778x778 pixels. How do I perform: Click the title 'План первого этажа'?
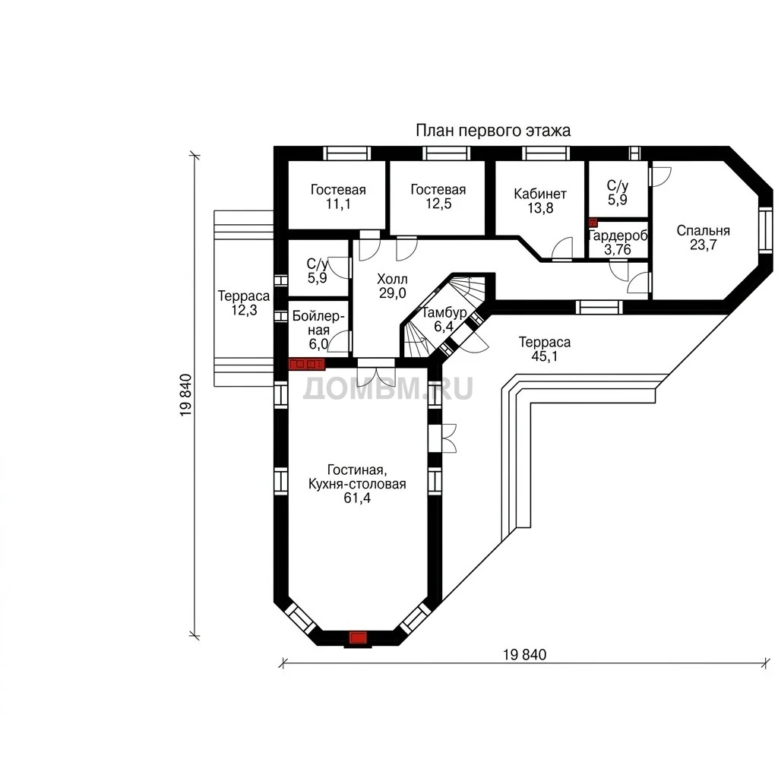coord(492,131)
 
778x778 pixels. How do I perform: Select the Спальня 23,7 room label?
coord(703,237)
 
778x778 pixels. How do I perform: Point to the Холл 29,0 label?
coord(393,286)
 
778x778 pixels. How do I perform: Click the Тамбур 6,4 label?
coord(444,319)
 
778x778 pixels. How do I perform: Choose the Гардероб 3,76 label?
coord(618,242)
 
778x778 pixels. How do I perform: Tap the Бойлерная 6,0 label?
coord(318,330)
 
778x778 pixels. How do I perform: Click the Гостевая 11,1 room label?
coord(338,197)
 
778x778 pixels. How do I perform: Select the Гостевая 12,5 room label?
coord(438,197)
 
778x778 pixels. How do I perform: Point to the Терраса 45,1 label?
coord(544,349)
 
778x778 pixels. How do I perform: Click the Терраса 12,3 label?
coord(244,302)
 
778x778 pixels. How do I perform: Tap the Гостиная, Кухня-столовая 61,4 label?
coord(357,484)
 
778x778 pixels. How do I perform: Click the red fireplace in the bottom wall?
coord(358,637)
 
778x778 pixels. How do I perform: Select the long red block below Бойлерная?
coord(307,364)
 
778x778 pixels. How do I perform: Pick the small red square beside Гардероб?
coord(593,223)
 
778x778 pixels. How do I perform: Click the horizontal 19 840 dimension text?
coord(524,654)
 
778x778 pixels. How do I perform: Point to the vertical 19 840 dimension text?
coord(185,395)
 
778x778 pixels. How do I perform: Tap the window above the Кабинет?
coord(546,153)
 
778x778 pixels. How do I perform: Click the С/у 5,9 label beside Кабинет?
coord(617,192)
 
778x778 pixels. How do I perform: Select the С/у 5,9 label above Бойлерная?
coord(317,270)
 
